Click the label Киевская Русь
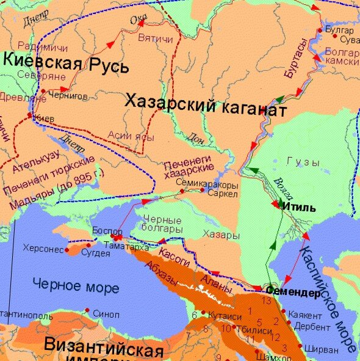coord(66,63)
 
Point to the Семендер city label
coord(293,293)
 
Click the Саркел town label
coord(219,192)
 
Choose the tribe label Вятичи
coord(155,38)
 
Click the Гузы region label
coord(303,162)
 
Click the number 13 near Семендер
coord(265,301)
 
